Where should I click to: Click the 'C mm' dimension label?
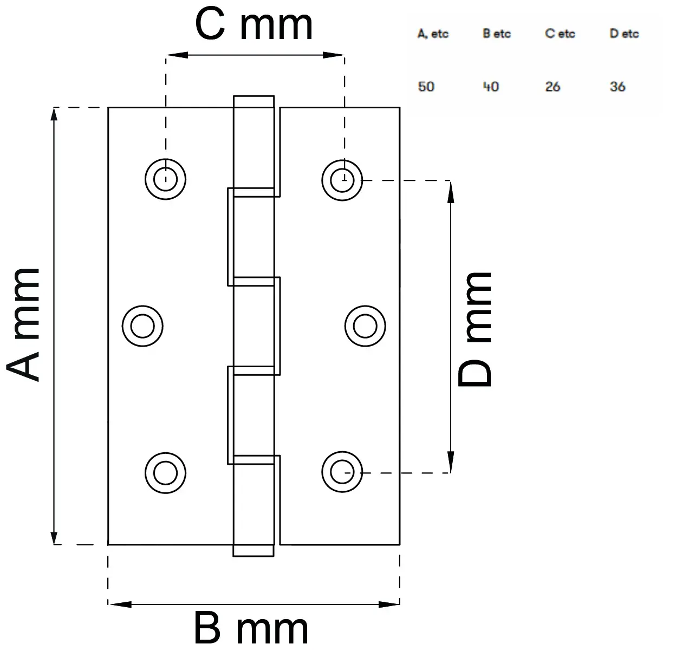point(253,25)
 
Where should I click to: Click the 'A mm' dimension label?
point(24,325)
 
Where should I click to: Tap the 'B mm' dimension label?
point(251,629)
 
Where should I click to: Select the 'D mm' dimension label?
point(475,329)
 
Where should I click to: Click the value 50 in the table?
point(426,87)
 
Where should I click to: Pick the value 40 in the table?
point(491,87)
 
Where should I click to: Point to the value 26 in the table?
point(552,87)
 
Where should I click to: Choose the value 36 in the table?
point(617,87)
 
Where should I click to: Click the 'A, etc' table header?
point(433,34)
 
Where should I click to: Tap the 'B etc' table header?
point(497,34)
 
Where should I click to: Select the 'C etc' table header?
point(560,34)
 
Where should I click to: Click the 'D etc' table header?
point(624,34)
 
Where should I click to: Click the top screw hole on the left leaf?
point(165,179)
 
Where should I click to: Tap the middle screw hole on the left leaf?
point(142,326)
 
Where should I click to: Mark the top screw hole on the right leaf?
point(342,179)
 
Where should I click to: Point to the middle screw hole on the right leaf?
point(365,326)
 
